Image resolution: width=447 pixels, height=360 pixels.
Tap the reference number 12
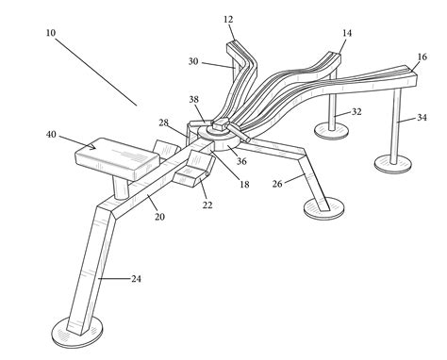pos(229,19)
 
